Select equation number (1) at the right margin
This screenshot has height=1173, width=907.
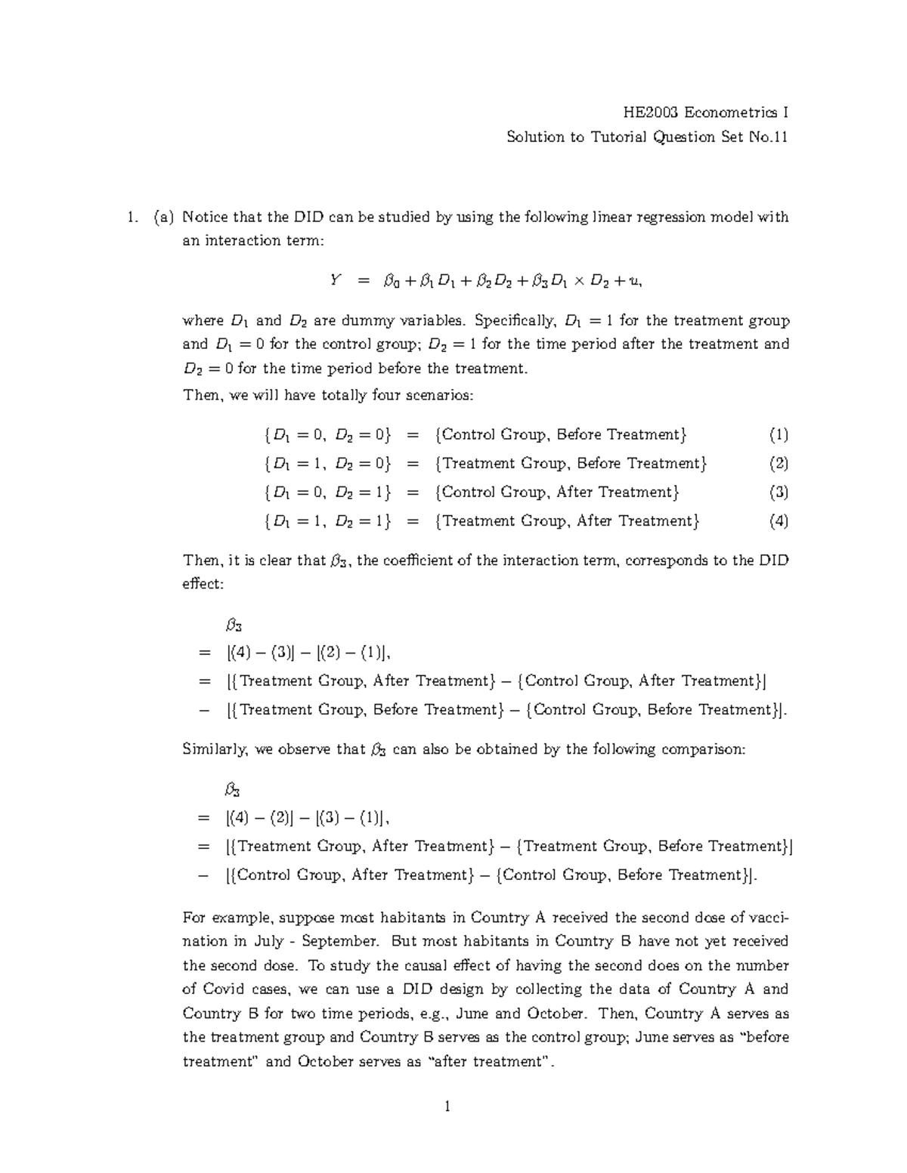coord(779,435)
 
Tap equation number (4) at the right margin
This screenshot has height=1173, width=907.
coord(779,521)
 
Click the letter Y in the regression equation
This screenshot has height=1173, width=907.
coord(335,281)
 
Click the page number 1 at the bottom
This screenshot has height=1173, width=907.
coord(447,1107)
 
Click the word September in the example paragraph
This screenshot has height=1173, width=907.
coord(344,941)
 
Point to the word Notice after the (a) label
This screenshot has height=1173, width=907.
coord(206,218)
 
